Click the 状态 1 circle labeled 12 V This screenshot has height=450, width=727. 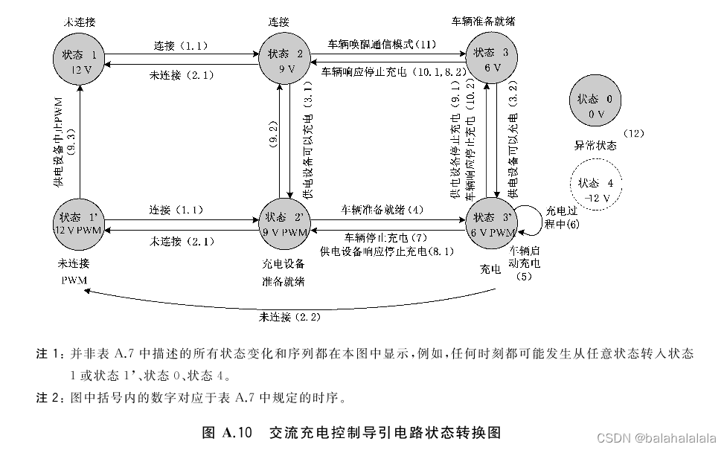79,61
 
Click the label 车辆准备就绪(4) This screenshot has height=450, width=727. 382,209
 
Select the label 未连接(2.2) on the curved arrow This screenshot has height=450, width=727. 289,318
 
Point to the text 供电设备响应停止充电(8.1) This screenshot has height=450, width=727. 387,251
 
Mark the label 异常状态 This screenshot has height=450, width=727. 595,146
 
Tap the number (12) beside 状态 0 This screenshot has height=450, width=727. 633,134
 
